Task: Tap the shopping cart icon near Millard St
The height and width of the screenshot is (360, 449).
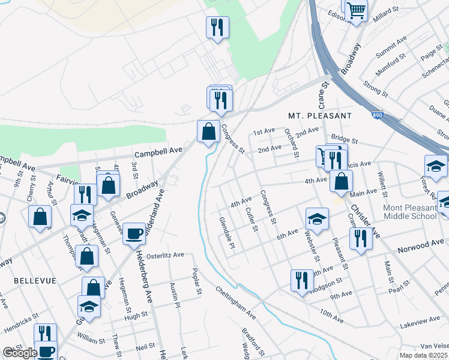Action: coord(356,10)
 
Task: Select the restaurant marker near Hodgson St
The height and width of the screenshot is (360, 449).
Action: coord(302,279)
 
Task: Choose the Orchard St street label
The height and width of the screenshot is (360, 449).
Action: coord(292,142)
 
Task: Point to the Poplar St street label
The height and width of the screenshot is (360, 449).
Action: coord(197,282)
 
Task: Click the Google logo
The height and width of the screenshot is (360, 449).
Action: coord(20,353)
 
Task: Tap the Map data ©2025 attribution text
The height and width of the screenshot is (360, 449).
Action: coord(424,355)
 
